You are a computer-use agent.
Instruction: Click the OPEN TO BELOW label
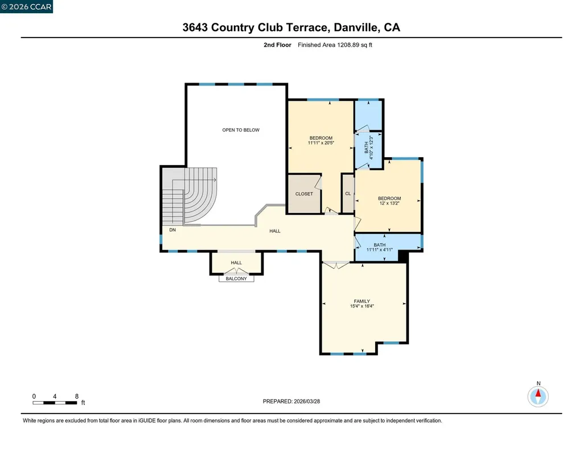point(240,130)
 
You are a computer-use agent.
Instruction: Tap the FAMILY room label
point(362,301)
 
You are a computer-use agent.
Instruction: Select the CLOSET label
point(303,194)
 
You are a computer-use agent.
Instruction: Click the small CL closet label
point(347,194)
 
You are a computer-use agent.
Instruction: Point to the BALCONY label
point(236,279)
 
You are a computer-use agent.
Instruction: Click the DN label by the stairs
point(172,230)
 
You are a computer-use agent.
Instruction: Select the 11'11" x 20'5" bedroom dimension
point(321,144)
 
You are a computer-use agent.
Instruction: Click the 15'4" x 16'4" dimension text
point(362,306)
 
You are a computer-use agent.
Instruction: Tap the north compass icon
point(538,395)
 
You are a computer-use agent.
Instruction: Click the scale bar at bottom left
point(55,403)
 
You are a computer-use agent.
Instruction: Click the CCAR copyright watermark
point(26,7)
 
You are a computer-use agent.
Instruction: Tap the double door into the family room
point(336,264)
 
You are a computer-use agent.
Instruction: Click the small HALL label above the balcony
point(236,263)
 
